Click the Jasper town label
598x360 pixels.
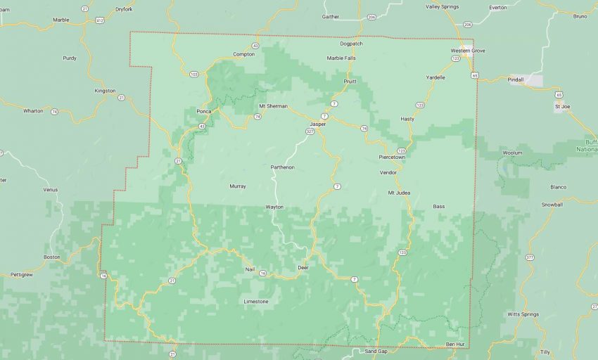point(318,124)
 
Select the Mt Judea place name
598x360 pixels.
point(399,192)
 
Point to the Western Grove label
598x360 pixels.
point(468,51)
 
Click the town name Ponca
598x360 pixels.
point(204,111)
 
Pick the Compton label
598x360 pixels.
point(243,54)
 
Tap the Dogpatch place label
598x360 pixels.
point(351,44)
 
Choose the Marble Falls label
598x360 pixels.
point(341,58)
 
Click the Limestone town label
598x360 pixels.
point(255,301)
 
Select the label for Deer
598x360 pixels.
point(304,268)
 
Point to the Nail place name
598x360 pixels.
point(250,269)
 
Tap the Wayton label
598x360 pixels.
point(274,207)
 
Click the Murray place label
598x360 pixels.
point(238,186)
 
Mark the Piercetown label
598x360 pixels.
point(392,157)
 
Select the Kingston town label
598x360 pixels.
point(105,91)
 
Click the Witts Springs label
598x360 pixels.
point(522,314)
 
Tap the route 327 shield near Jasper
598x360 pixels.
point(310,131)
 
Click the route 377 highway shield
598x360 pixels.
point(530,258)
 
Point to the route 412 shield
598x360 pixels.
point(101,21)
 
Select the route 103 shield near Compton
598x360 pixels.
point(194,73)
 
